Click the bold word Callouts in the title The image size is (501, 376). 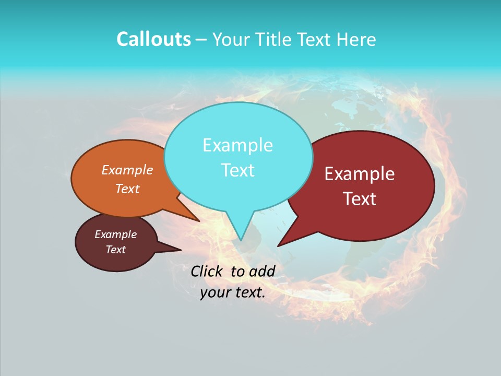tap(153, 40)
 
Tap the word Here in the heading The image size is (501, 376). tap(356, 40)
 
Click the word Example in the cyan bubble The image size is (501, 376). tap(237, 145)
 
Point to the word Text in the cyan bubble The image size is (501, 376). tap(237, 170)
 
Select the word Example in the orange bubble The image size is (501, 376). tap(127, 170)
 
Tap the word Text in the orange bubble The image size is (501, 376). tap(127, 189)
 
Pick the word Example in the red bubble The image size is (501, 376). tap(360, 174)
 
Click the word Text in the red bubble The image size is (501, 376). tap(360, 199)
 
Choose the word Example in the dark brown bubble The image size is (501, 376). tap(115, 234)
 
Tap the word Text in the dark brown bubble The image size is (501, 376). tap(115, 250)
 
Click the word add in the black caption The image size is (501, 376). tap(261, 271)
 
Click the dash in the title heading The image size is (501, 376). tap(201, 40)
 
